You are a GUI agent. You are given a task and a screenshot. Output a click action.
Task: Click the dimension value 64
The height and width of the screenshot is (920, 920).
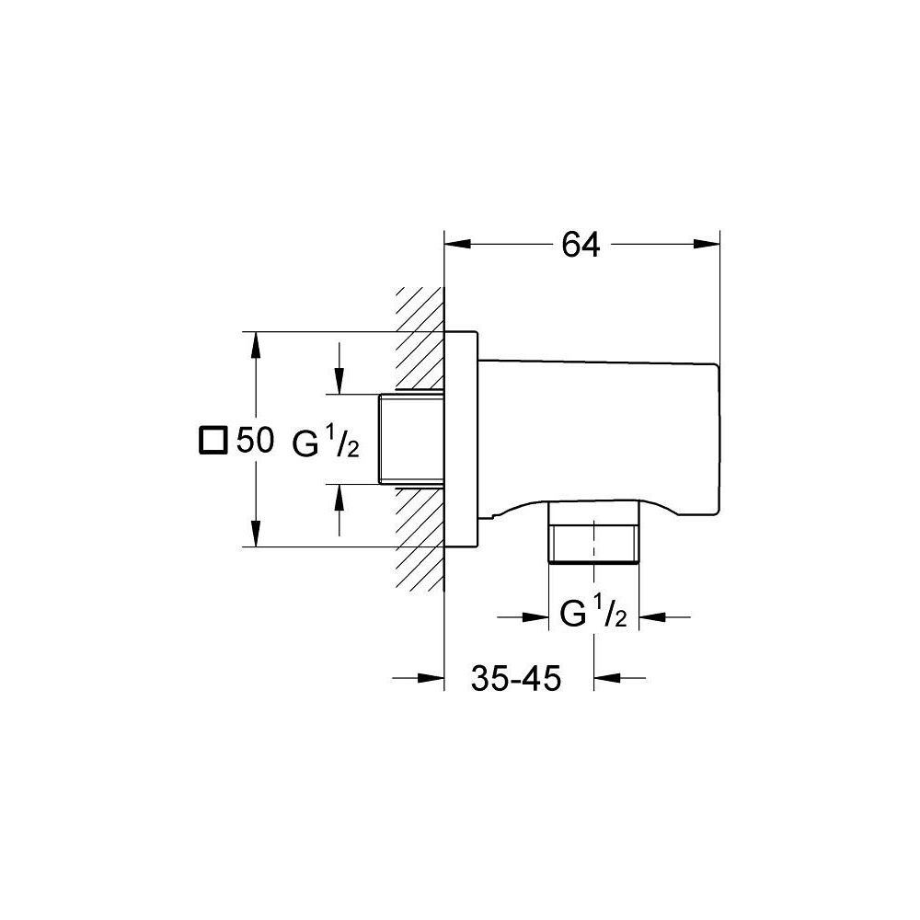pyautogui.click(x=581, y=245)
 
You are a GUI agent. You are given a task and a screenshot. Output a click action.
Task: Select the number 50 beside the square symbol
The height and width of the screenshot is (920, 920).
pyautogui.click(x=255, y=441)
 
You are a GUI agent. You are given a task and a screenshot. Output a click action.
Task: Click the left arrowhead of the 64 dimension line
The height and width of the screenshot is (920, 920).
pyautogui.click(x=457, y=245)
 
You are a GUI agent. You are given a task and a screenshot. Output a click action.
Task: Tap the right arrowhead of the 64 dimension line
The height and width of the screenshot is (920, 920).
pyautogui.click(x=706, y=245)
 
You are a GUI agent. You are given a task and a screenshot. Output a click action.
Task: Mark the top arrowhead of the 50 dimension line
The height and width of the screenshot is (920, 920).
pyautogui.click(x=255, y=344)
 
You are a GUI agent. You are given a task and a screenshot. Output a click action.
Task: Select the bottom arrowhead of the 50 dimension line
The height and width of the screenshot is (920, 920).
pyautogui.click(x=255, y=535)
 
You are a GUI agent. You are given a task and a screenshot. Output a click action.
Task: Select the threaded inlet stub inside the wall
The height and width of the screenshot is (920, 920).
pyautogui.click(x=411, y=439)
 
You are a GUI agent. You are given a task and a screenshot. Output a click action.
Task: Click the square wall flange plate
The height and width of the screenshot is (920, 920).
pyautogui.click(x=461, y=439)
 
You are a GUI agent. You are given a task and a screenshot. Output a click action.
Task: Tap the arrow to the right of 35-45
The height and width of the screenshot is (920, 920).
pyautogui.click(x=607, y=679)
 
